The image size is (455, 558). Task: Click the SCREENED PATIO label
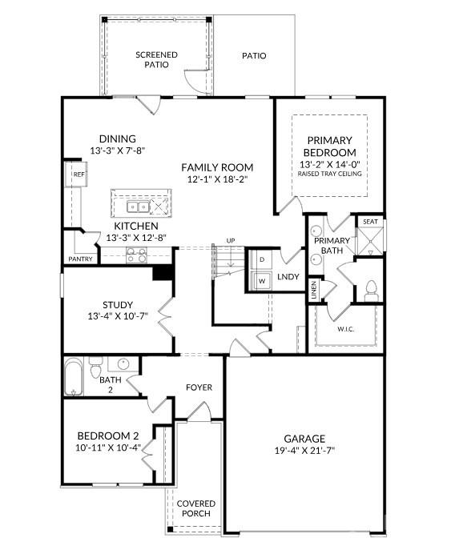156,59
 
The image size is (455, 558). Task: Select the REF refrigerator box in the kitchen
79,174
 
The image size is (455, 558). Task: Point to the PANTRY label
81,259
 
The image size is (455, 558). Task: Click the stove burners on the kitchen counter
136,256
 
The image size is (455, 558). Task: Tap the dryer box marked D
262,260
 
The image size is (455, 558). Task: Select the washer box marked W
262,280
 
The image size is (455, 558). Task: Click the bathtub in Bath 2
73,375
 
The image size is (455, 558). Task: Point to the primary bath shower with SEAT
369,238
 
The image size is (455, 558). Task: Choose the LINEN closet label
314,291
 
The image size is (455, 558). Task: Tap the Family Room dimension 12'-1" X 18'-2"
216,180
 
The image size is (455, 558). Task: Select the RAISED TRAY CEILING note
329,174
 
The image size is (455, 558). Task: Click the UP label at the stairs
231,241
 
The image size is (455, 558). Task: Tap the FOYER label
199,387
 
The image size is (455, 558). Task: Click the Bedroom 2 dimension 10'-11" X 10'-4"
108,447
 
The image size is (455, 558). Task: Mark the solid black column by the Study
163,272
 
